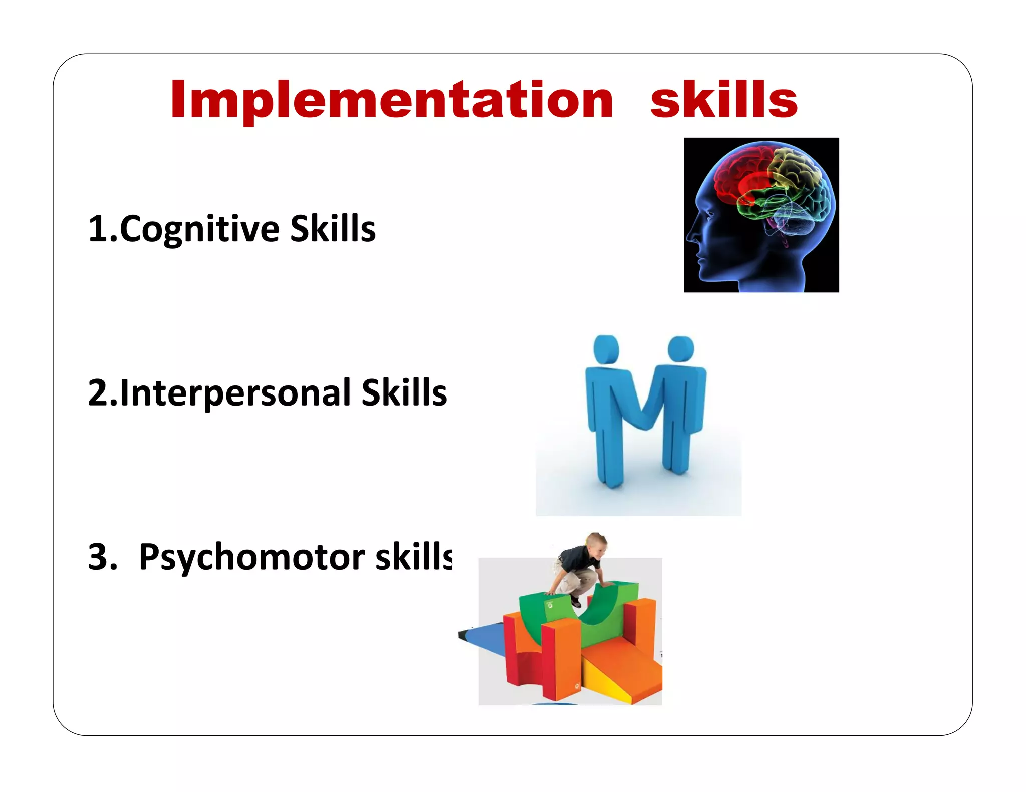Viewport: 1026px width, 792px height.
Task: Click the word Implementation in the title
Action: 391,100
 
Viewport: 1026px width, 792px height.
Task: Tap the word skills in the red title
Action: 723,100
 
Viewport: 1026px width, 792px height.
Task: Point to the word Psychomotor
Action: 251,557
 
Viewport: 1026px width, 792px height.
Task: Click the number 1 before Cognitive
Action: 97,229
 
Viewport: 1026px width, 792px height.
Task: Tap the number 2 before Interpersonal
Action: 97,393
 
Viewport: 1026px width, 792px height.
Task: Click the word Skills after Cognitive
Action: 333,229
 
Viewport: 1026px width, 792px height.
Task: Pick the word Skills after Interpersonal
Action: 404,393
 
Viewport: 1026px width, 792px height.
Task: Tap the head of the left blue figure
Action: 606,349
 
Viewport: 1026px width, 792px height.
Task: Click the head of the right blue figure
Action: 681,349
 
